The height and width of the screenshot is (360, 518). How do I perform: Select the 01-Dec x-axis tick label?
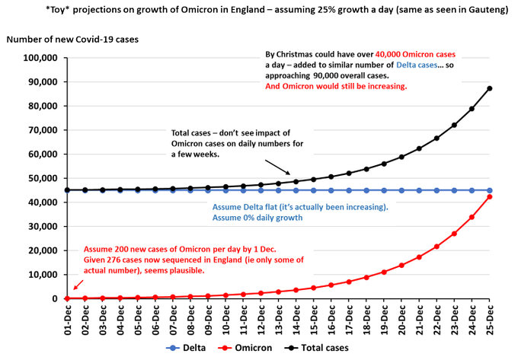69,319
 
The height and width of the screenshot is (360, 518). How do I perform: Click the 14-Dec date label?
296,319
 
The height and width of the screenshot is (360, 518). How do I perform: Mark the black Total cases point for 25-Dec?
489,88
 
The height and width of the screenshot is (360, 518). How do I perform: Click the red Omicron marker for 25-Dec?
489,196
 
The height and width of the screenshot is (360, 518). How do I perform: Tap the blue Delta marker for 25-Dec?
489,190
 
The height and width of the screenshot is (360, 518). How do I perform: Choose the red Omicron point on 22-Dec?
436,246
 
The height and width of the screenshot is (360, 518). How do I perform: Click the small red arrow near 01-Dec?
75,287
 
